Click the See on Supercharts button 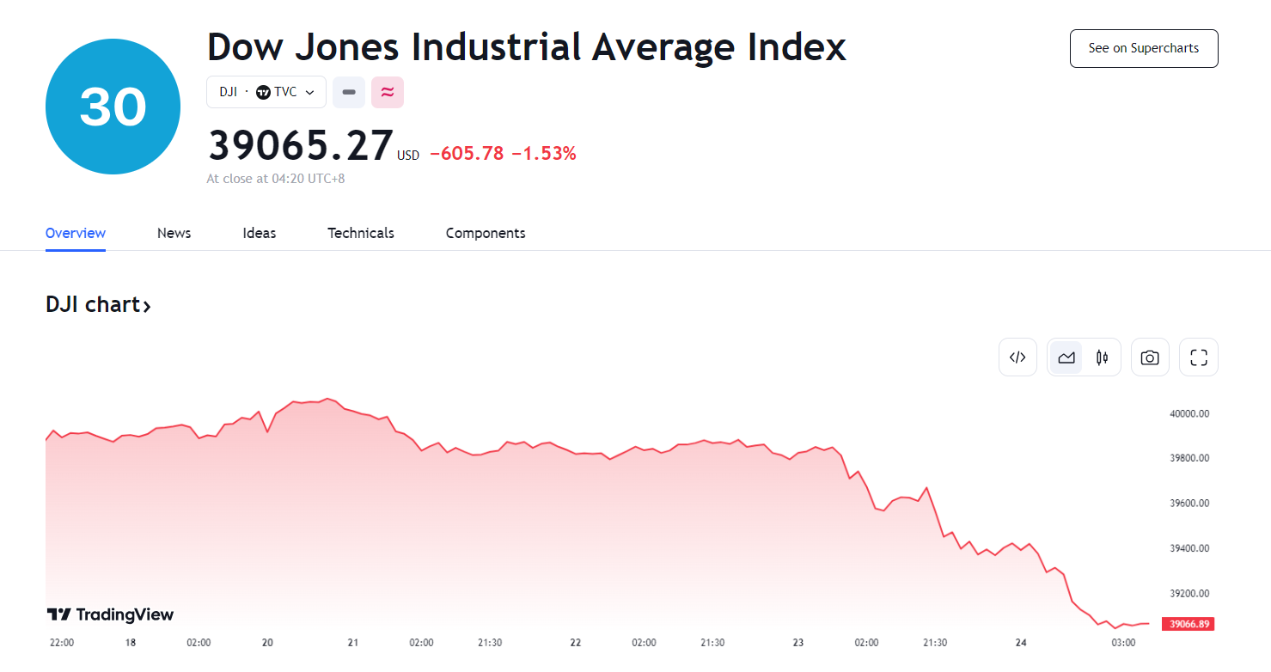pos(1143,48)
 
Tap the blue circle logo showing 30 pos(113,107)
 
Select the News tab pos(174,233)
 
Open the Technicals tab pos(360,233)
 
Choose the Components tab pos(485,233)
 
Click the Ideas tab pos(259,233)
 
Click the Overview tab pos(76,233)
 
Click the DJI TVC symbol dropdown pos(266,92)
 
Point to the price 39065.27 pos(301,146)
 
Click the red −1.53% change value pos(543,154)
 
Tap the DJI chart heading pos(98,305)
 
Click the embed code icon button pos(1017,357)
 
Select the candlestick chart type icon pos(1102,357)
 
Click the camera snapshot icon pos(1150,357)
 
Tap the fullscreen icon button pos(1199,357)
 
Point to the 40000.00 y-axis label pos(1189,413)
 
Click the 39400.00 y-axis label pos(1189,548)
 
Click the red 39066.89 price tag pos(1188,624)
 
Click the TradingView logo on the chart pos(110,614)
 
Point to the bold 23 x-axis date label pos(798,643)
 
